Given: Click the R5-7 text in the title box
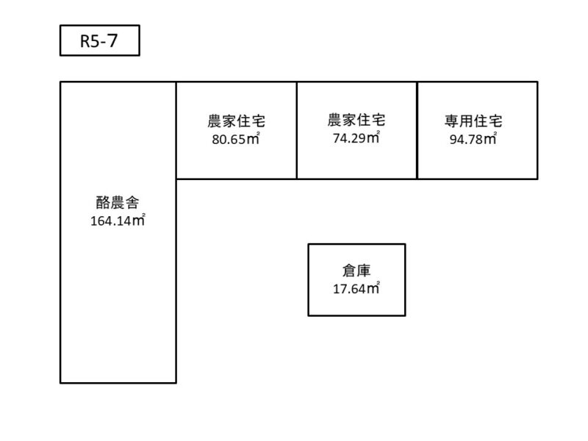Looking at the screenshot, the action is pos(99,41).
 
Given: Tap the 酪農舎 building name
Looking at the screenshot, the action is pos(118,203).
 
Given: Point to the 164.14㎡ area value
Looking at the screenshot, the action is pos(118,220).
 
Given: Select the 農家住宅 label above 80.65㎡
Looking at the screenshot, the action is pos(236,121).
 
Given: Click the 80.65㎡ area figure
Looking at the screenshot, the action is pos(236,139).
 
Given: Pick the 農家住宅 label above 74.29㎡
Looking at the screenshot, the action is pos(356,120).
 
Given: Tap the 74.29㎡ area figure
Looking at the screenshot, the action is pos(356,137).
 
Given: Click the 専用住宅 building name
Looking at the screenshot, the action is pos(473,121).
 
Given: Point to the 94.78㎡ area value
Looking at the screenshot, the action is pos(473,139).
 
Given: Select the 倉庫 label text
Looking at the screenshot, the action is pos(356,270).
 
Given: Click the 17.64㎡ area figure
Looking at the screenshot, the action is pos(356,288).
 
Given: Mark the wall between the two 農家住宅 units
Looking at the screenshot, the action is pos(297,131).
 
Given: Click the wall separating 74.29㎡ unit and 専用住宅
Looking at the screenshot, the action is pos(417,131).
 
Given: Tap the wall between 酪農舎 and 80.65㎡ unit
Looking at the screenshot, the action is pos(176,131).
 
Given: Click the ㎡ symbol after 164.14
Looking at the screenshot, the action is pos(139,220).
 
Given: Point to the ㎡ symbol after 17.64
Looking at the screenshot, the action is pos(373,288).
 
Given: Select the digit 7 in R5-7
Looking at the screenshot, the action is pos(113,41).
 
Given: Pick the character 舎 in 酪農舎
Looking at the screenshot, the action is pos(132,203).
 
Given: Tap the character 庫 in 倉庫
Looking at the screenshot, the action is pos(364,270).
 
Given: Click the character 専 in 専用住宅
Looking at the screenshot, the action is pos(451,121).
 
